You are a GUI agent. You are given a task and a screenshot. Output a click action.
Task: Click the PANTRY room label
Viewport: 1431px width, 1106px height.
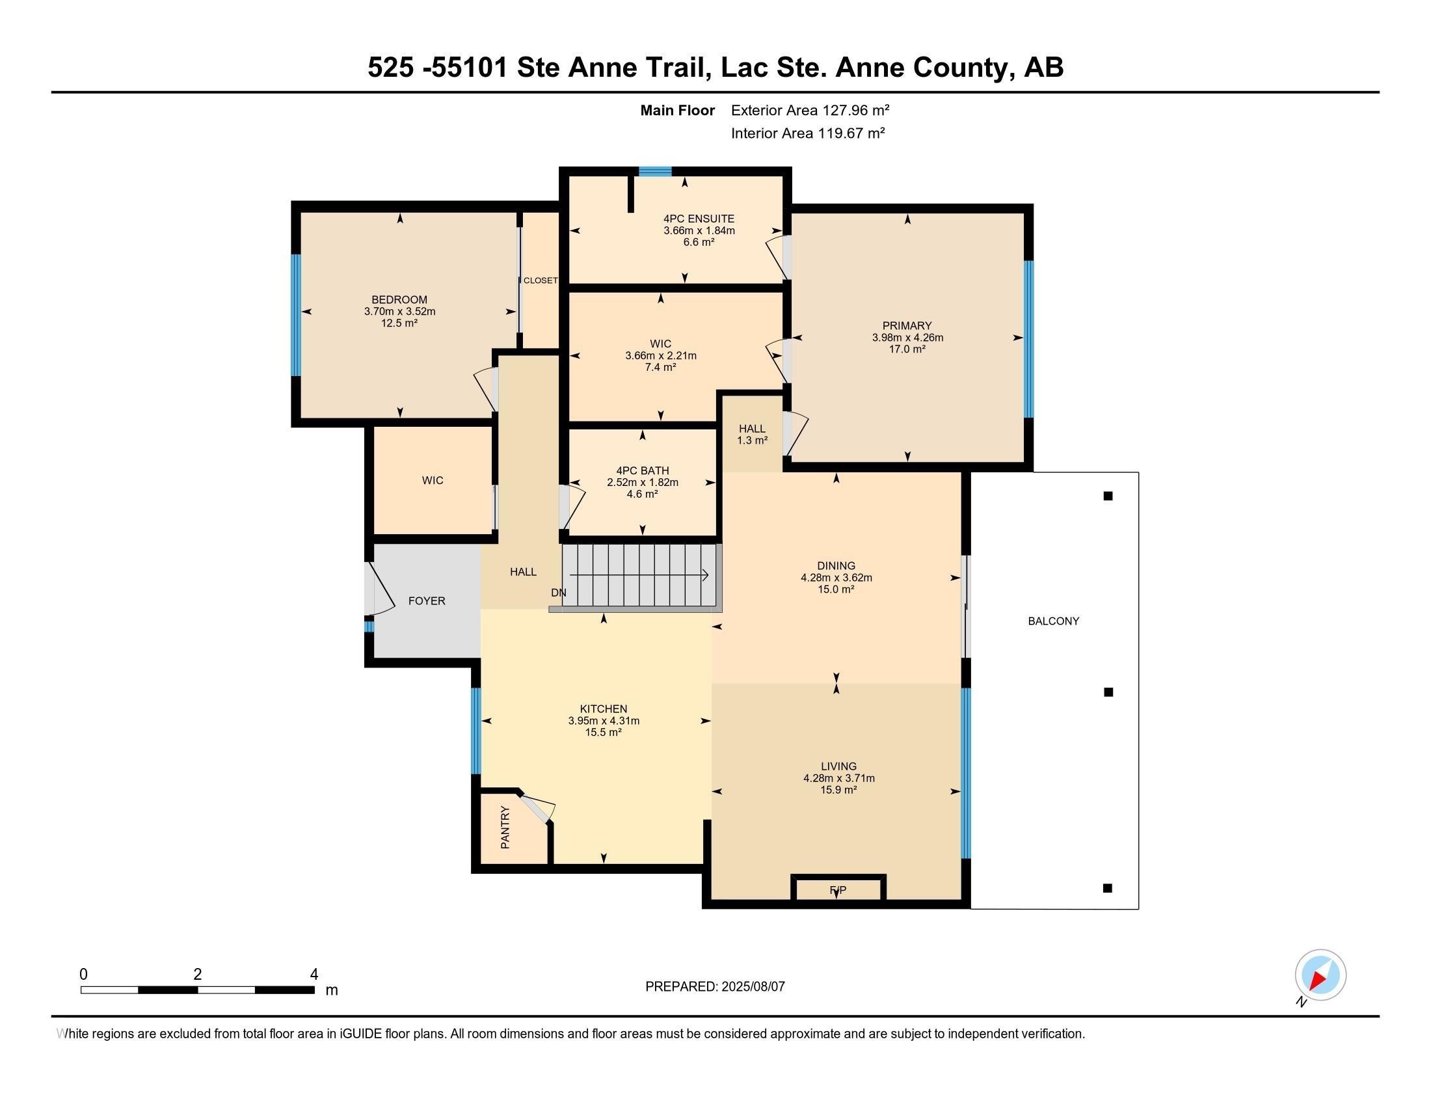[x=505, y=828]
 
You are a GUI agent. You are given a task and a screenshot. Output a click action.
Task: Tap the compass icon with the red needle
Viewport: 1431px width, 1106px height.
[x=1320, y=975]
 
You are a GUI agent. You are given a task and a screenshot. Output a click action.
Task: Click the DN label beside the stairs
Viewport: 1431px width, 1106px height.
[x=558, y=593]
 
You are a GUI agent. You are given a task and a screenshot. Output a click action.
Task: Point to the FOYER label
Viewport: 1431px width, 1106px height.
[x=427, y=601]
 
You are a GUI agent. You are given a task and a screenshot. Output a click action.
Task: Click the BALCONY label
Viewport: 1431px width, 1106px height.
[x=1053, y=621]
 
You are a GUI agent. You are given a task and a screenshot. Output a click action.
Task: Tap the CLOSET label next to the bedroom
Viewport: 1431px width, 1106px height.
[x=541, y=280]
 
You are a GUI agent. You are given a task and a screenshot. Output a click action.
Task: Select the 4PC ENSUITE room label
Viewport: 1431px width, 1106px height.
[x=699, y=219]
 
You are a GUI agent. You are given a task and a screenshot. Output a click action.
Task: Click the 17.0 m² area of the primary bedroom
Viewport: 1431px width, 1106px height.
[x=907, y=349]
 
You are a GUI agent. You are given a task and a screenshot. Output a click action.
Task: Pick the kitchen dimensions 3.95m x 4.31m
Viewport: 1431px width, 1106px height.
[x=604, y=721]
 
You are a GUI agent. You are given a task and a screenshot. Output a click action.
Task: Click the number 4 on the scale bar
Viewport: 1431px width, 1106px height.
[x=314, y=975]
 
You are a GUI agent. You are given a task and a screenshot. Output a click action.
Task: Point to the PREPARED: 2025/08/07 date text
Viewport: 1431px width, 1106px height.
[x=715, y=986]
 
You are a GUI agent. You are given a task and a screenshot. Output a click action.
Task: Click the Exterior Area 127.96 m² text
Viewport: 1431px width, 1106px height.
[x=810, y=110]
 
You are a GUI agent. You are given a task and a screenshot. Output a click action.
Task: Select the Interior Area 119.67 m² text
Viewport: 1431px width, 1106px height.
[x=808, y=133]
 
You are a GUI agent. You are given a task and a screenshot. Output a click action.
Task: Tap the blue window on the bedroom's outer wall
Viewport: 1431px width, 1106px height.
[x=296, y=315]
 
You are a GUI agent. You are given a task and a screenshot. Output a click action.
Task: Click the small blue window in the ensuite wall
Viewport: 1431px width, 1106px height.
[x=655, y=172]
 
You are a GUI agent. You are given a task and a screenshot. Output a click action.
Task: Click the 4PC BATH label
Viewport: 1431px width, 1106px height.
[x=642, y=470]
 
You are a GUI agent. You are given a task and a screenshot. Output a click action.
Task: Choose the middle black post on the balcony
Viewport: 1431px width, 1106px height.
[x=1108, y=692]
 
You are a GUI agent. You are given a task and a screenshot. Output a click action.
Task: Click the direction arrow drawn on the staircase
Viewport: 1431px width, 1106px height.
[x=639, y=575]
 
